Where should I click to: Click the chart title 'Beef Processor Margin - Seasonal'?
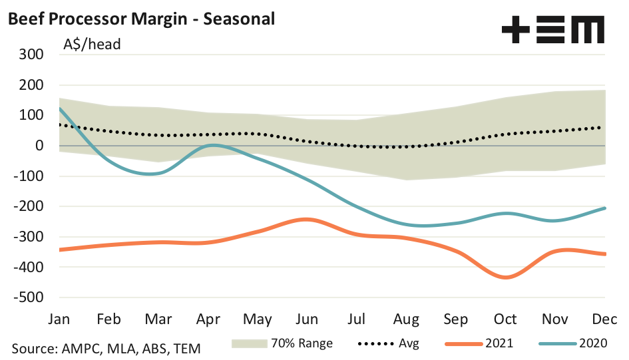(x=140, y=19)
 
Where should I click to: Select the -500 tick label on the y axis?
(x=29, y=297)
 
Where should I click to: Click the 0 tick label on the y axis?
(x=39, y=146)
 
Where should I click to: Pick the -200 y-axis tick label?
(x=29, y=206)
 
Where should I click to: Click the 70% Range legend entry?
(x=282, y=344)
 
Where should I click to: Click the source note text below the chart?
(x=106, y=348)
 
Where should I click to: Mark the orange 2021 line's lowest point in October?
(x=506, y=277)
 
